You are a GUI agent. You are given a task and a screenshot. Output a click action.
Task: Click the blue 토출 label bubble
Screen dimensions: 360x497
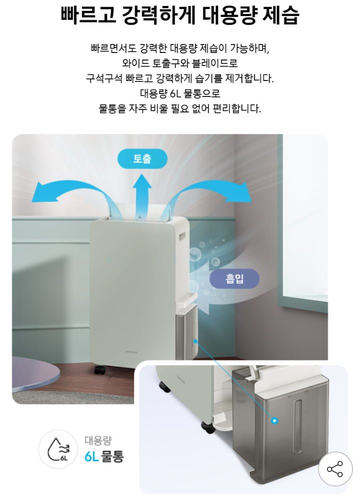(142, 158)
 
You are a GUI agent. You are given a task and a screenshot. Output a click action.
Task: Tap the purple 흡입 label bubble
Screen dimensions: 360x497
(234, 279)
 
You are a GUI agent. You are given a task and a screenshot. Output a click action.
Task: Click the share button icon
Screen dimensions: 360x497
(335, 469)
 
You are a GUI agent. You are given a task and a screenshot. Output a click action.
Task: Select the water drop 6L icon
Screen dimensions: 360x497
(57, 449)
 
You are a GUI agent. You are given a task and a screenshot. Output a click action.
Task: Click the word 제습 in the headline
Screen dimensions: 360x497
(281, 15)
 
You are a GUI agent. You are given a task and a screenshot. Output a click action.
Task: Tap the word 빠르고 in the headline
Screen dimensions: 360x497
(88, 15)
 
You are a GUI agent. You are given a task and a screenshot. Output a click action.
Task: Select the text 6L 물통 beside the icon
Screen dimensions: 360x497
(104, 456)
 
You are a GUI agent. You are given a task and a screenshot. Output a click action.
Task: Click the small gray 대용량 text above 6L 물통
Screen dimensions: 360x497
(98, 440)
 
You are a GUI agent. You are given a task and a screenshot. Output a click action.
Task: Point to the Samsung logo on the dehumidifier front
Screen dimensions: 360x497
(130, 351)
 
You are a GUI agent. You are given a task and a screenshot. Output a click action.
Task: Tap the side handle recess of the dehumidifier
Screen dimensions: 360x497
(183, 237)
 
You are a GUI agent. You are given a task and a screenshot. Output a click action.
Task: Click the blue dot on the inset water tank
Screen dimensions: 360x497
(275, 420)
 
